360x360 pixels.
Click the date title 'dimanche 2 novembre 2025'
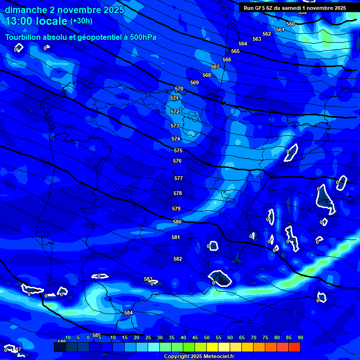pyautogui.click(x=64, y=10)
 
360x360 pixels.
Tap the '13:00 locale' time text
pyautogui.click(x=37, y=21)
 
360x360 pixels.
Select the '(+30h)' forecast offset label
pyautogui.click(x=81, y=21)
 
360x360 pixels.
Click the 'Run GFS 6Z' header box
pyautogui.click(x=295, y=7)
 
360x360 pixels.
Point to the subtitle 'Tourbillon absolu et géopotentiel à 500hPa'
pyautogui.click(x=81, y=37)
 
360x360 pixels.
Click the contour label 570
pyautogui.click(x=179, y=89)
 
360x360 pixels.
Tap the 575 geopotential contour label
pyautogui.click(x=178, y=150)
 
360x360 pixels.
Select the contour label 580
pyautogui.click(x=177, y=222)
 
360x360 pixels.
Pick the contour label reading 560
pyautogui.click(x=291, y=24)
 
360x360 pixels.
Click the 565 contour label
pyautogui.click(x=235, y=51)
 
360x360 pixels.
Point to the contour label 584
pyautogui.click(x=128, y=313)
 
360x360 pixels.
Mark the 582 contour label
pyautogui.click(x=178, y=259)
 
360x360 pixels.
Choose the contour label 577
pyautogui.click(x=178, y=179)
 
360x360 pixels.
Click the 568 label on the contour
pyautogui.click(x=207, y=75)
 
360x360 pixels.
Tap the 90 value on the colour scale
pyautogui.click(x=300, y=337)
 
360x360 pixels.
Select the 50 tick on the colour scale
pyautogui.click(x=207, y=337)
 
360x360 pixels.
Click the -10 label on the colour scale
pyautogui.click(x=67, y=337)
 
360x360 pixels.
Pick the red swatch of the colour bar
pyautogui.click(x=294, y=347)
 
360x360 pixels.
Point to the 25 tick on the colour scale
pyautogui.click(x=148, y=337)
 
